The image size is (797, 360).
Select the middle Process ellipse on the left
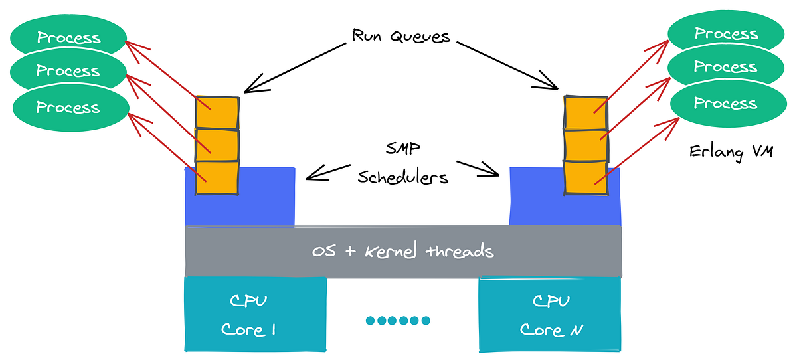click(68, 70)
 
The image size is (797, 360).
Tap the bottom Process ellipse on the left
click(68, 107)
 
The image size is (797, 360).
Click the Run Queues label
click(401, 35)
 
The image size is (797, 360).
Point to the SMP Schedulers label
click(402, 163)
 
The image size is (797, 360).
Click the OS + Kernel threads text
click(403, 251)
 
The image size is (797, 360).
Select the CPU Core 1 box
click(256, 314)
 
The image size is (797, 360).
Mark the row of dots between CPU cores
click(398, 321)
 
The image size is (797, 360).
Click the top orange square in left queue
click(217, 113)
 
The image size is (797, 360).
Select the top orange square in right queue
click(585, 112)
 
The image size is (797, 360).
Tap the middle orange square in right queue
click(585, 143)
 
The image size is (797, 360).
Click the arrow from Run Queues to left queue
click(296, 66)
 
